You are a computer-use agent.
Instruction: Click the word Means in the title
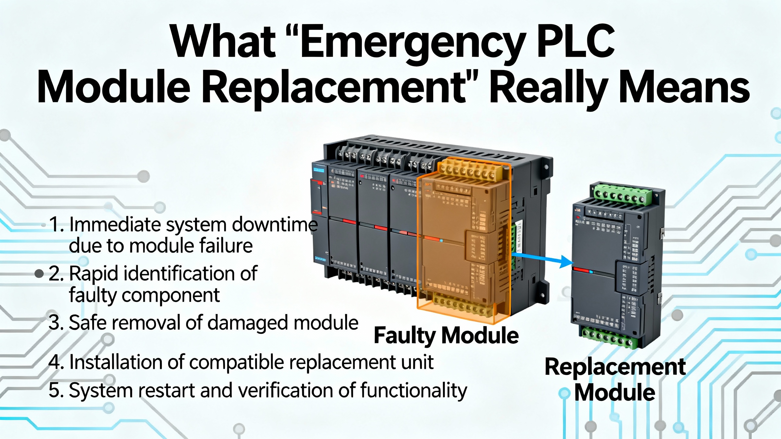(683, 87)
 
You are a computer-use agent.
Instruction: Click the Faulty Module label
(446, 335)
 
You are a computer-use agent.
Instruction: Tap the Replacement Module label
(615, 380)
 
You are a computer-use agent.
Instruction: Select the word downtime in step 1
(275, 225)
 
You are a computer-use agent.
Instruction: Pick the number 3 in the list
(55, 323)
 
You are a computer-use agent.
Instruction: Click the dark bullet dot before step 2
(39, 274)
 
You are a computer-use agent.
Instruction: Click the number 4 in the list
(55, 362)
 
